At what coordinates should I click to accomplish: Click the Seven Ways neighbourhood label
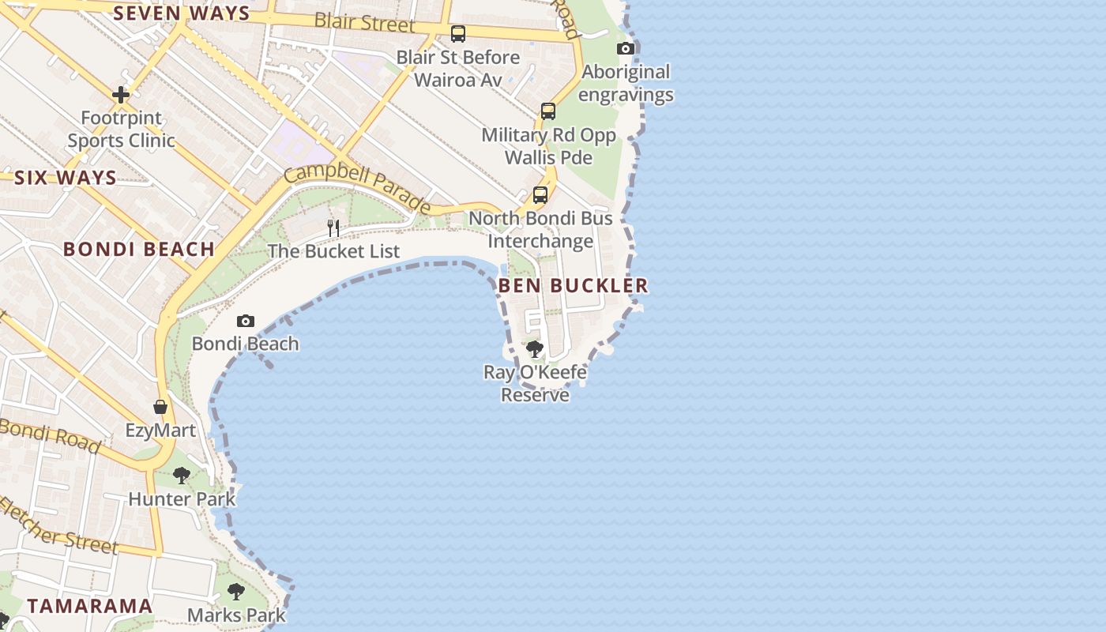182,13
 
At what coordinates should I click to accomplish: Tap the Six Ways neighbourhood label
66,178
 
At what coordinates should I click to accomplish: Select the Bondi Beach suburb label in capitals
139,250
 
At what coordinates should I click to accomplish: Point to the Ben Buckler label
574,286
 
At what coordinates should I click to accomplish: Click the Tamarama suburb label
90,606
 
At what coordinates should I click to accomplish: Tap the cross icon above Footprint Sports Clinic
121,95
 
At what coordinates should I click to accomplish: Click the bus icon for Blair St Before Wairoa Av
458,34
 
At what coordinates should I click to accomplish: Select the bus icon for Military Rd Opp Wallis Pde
548,111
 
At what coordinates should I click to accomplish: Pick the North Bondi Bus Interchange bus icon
540,194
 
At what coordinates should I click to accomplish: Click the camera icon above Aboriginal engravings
626,49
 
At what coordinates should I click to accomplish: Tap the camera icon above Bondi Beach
246,321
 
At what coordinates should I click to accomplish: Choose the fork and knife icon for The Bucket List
333,228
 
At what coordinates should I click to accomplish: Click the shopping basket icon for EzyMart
160,407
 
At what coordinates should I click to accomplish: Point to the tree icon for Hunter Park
182,475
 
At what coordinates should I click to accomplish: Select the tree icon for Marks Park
235,591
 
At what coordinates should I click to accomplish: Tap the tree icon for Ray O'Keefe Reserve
535,348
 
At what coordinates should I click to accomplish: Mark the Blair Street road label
364,22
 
